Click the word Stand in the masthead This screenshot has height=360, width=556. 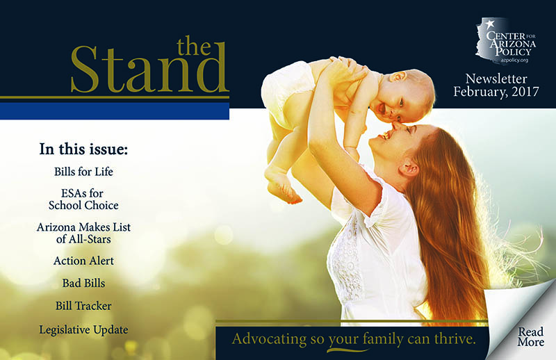tap(148, 69)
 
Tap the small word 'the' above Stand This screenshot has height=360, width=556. tap(194, 46)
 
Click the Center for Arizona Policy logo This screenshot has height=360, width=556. tap(506, 41)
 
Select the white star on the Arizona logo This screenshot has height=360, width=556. tap(490, 24)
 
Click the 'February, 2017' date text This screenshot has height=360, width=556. tap(496, 92)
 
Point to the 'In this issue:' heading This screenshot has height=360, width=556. tap(83, 149)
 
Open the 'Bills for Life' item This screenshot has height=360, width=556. tap(83, 172)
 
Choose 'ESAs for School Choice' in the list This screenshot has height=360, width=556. tap(83, 199)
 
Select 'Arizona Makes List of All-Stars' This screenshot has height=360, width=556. tap(83, 233)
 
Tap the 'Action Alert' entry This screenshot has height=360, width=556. tap(83, 261)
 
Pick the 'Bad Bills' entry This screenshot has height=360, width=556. tap(83, 283)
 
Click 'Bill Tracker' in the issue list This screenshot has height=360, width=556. tap(83, 306)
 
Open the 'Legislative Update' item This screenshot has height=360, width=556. tap(83, 330)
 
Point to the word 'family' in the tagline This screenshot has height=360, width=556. tap(383, 339)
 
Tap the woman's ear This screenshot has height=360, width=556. tap(409, 167)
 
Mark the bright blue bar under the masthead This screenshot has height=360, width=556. tap(115, 111)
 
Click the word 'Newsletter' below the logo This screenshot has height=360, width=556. tap(496, 79)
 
